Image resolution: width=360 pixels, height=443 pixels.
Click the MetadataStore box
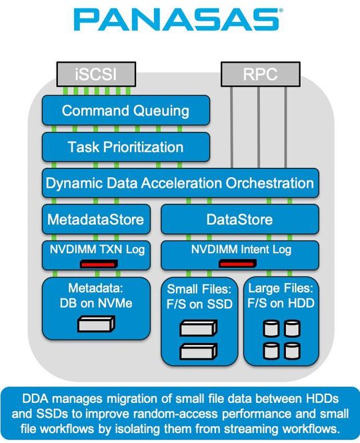coord(95,219)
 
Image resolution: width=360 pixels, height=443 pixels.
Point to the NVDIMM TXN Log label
coord(95,250)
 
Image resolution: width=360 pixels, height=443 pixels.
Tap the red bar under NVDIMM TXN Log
coord(99,264)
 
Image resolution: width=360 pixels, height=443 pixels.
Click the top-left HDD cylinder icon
coord(271,328)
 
